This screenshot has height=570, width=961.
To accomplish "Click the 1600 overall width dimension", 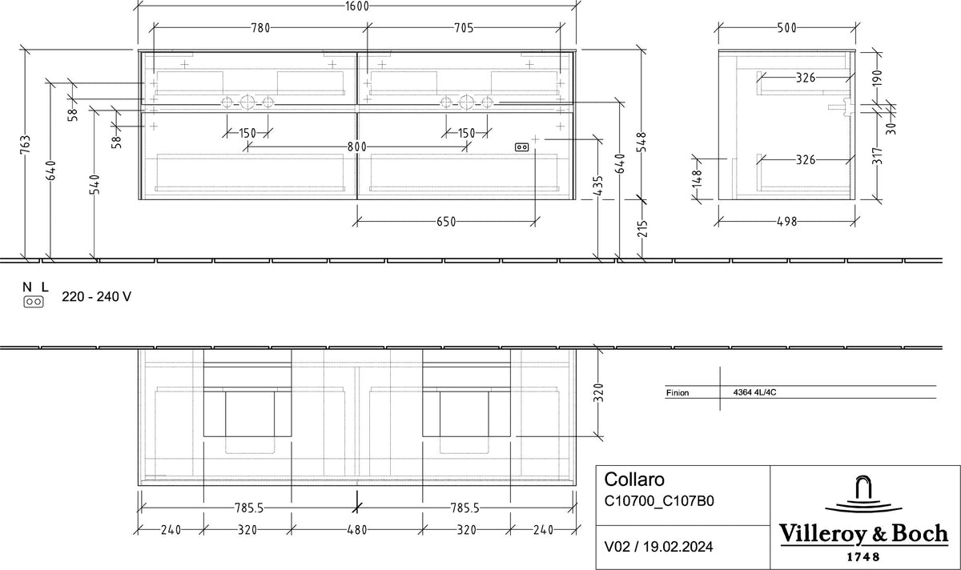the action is (x=357, y=6).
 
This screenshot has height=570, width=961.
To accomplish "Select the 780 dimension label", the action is (x=260, y=28).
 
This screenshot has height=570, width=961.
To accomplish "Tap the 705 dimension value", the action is (x=464, y=28).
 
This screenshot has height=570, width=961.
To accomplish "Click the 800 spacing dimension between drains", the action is (x=357, y=147).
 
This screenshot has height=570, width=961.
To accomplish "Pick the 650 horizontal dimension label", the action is (x=446, y=222).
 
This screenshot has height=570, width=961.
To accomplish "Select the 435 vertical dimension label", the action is (x=598, y=185).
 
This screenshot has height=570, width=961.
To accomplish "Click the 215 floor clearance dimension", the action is (x=641, y=229).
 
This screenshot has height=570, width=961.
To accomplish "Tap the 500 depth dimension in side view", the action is (x=786, y=28).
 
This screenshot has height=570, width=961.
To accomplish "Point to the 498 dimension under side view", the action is (x=786, y=222).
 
